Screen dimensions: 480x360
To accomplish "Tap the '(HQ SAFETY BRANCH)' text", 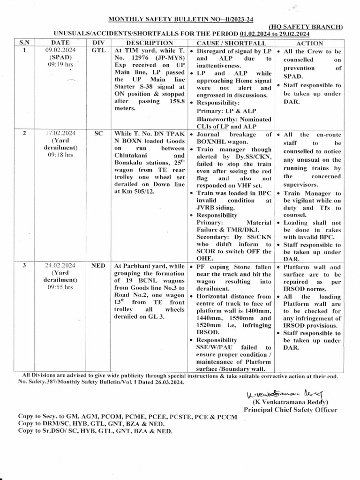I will [x=306, y=27].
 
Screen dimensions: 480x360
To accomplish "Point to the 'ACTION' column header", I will [x=310, y=43].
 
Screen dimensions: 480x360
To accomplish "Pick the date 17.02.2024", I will [x=60, y=133].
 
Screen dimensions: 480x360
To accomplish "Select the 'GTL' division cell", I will [x=99, y=50].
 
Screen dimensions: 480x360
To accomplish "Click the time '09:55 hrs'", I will [x=60, y=288].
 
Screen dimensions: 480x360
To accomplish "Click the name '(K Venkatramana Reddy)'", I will [x=290, y=402].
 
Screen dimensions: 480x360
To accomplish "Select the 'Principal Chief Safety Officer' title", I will [x=290, y=410].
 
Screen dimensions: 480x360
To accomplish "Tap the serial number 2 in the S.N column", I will [x=24, y=133].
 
